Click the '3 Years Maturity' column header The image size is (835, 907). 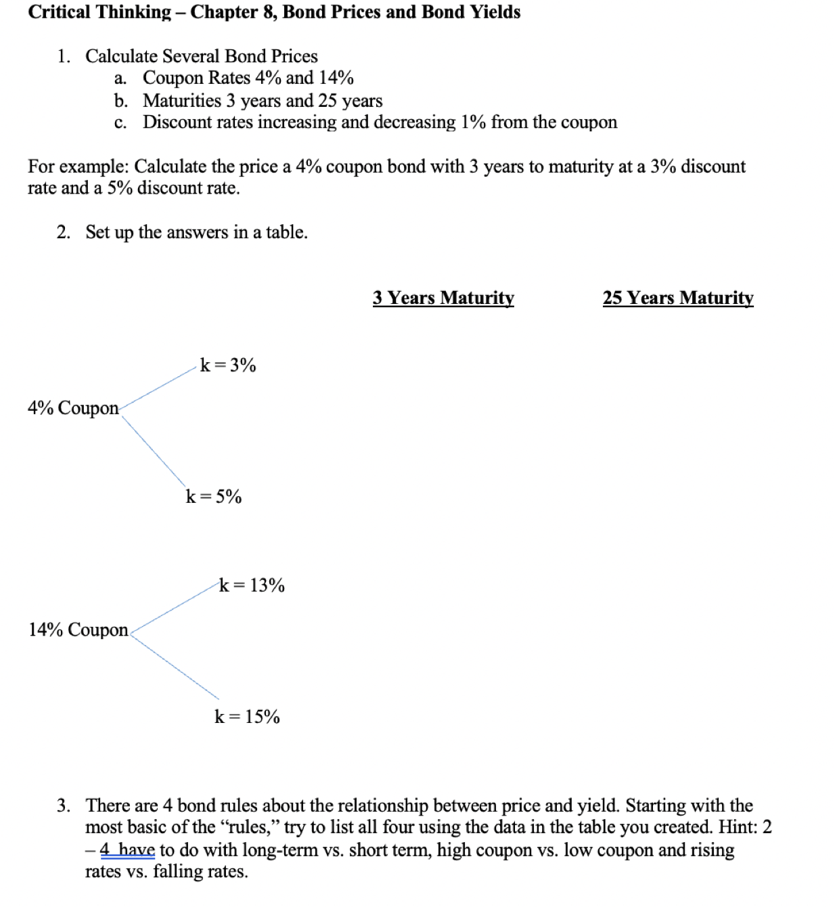443,298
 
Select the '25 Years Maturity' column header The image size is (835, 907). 677,298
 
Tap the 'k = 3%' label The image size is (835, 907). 228,366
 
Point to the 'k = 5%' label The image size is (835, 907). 214,497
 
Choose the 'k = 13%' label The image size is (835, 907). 252,585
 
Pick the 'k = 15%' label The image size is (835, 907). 247,717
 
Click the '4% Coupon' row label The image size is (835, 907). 73,408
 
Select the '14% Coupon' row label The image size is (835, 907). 78,630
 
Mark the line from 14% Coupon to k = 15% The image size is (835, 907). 175,667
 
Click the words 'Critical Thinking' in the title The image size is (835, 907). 99,12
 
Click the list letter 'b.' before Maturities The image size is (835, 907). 121,101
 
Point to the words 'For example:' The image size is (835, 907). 78,167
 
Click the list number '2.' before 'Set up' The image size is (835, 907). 64,232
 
